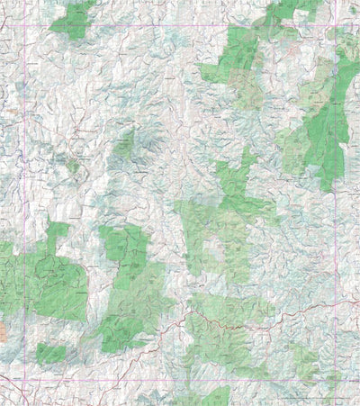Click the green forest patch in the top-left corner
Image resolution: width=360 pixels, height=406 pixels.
pos(72,20)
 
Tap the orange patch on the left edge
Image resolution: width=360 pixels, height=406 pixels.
pos(3,330)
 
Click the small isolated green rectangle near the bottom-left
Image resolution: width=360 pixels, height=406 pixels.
pos(50,353)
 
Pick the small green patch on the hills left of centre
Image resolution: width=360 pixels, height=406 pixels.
pos(124,142)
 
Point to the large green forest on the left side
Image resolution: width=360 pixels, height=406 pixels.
pos(49,279)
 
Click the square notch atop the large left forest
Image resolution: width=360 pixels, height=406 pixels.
pos(58,230)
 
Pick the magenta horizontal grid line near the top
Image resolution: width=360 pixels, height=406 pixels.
pos(180,26)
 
